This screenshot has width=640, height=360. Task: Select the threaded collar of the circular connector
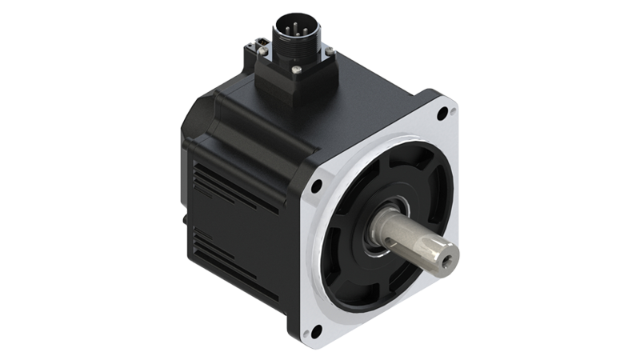(x=290, y=44)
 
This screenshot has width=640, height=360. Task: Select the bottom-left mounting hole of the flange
(x=317, y=329)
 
